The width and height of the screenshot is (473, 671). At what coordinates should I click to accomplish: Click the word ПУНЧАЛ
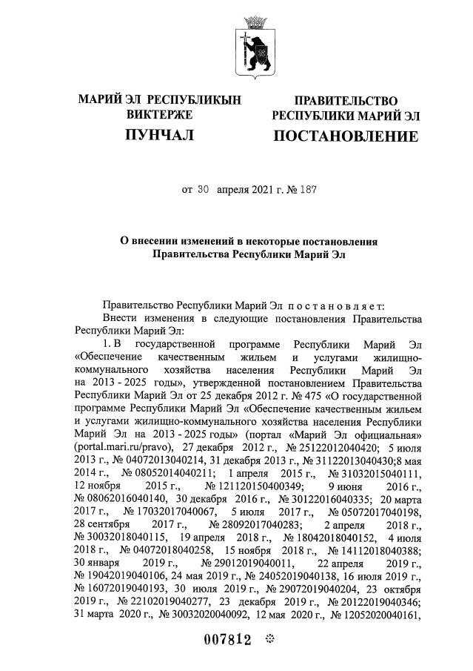[159, 135]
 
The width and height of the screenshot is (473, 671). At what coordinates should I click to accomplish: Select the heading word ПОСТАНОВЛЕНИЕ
[345, 136]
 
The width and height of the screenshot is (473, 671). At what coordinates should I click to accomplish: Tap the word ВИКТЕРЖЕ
[159, 115]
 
